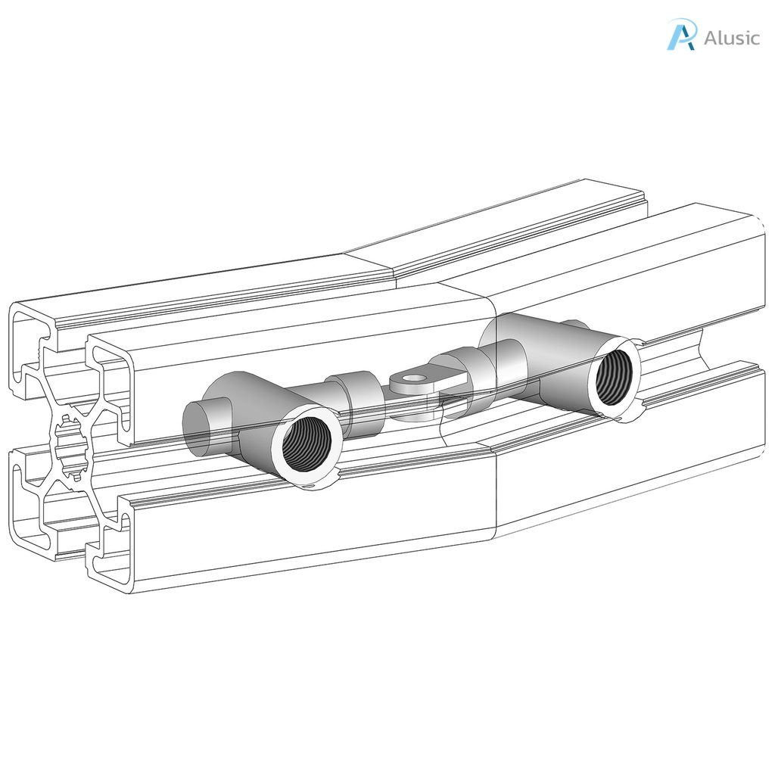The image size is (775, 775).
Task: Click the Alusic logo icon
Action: [x=680, y=35]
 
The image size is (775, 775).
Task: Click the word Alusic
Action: [x=731, y=38]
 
